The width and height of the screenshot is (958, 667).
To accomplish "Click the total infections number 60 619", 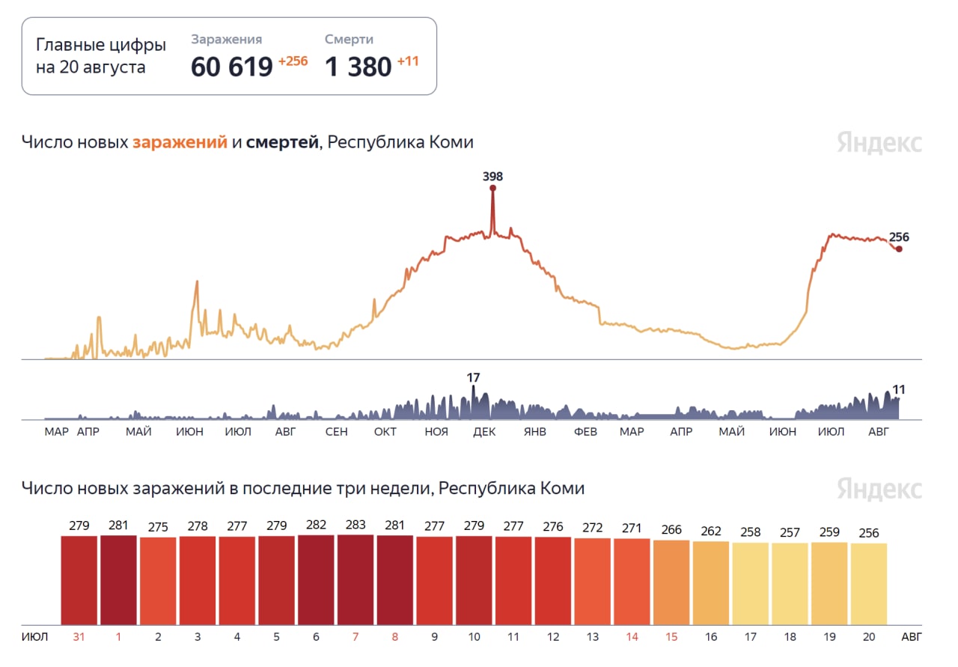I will tap(231, 67).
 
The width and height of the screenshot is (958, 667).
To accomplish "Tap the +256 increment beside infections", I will tap(293, 61).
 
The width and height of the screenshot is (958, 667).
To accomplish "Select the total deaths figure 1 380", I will tap(358, 67).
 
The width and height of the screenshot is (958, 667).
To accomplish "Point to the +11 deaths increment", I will tap(408, 61).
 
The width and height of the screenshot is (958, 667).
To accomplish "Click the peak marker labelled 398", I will tap(492, 187).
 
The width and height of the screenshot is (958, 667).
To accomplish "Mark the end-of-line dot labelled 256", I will tap(899, 249).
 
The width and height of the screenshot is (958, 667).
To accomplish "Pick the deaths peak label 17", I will tap(473, 378).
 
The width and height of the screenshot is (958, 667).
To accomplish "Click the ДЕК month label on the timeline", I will tap(484, 432).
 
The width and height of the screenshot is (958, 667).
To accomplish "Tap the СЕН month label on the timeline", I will tap(336, 432).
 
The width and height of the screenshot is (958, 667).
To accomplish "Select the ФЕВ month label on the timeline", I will tap(585, 432).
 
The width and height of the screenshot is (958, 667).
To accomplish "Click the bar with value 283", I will tap(356, 579).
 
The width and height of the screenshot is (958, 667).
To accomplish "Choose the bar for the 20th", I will tap(869, 584).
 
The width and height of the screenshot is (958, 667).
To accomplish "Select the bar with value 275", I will tap(158, 581).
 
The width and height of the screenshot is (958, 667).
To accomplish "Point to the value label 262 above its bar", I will tap(711, 532).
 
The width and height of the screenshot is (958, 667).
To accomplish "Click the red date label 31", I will tap(79, 637).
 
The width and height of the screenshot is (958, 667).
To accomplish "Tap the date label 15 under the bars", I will tap(671, 637).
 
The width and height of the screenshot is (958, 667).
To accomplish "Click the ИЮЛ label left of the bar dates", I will tap(34, 637).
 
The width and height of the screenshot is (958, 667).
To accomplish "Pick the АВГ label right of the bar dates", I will tap(912, 637).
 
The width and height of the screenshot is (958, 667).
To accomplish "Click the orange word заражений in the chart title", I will tap(180, 142).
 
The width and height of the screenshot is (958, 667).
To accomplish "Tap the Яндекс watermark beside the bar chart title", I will tap(879, 489).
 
